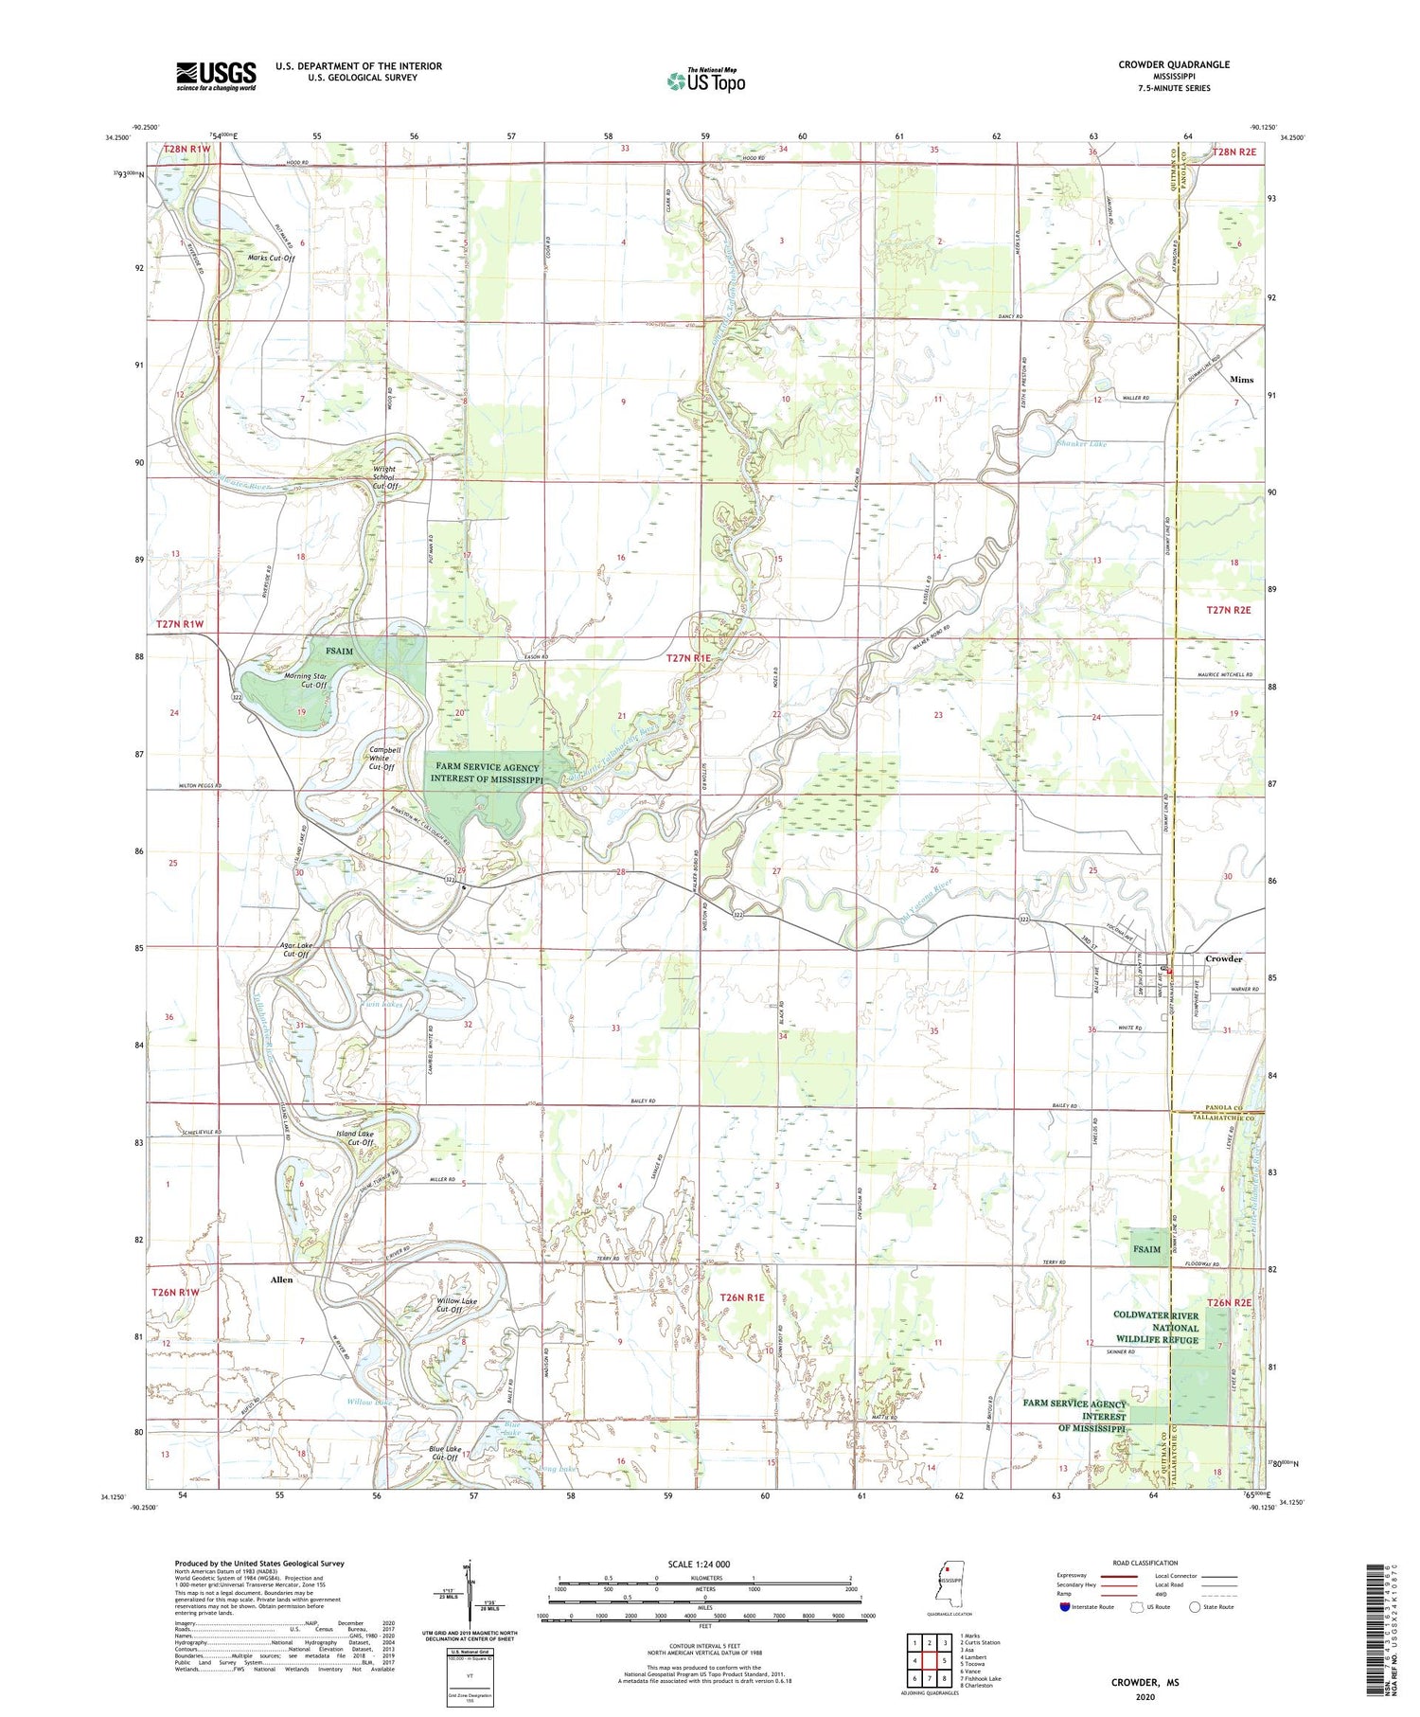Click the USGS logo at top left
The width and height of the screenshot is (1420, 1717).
(x=216, y=76)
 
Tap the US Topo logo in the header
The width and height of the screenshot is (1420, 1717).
(x=705, y=81)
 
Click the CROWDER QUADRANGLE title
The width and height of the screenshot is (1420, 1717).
(x=1174, y=64)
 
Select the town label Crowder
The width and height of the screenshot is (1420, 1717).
(x=1223, y=958)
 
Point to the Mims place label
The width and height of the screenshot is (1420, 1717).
(x=1241, y=380)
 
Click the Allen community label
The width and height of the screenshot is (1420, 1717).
(x=281, y=1279)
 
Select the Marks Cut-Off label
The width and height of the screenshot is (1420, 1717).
(x=271, y=258)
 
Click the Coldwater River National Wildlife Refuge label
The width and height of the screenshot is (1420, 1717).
(x=1155, y=1328)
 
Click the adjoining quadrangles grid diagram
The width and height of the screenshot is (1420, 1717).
(x=929, y=1660)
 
